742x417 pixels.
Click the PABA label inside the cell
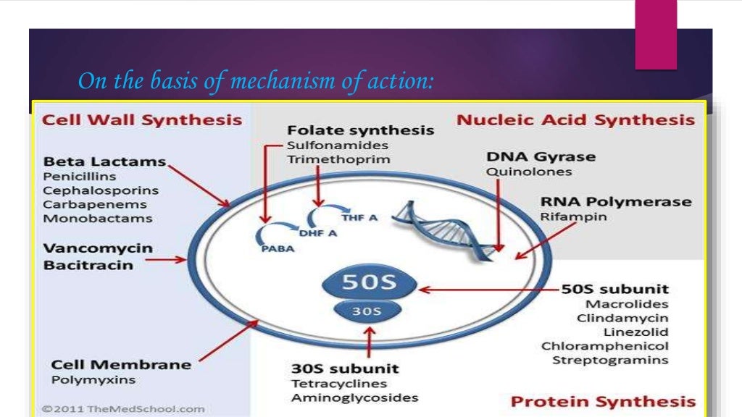click(270, 250)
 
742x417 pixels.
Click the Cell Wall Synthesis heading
click(142, 120)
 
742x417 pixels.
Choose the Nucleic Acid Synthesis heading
click(575, 120)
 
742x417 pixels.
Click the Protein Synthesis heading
click(603, 402)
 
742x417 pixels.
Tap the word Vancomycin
click(98, 248)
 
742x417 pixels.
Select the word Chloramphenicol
click(604, 346)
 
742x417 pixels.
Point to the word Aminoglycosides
click(354, 398)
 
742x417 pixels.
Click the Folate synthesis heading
click(360, 131)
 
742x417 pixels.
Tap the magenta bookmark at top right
click(656, 34)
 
